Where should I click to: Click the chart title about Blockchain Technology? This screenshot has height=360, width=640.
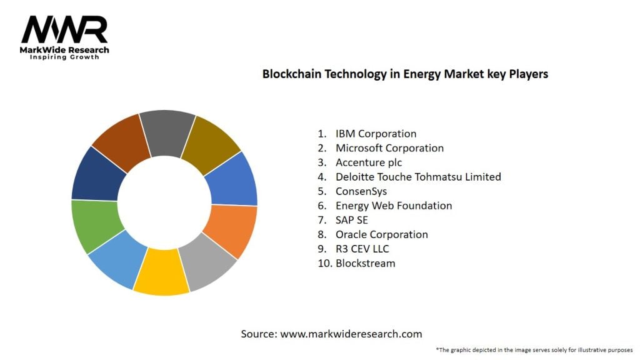[x=405, y=74]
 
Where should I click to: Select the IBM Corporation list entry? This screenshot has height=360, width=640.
[x=376, y=133]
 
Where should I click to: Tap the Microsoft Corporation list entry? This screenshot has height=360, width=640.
[x=389, y=148]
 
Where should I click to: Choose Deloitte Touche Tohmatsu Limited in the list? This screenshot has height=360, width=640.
[x=418, y=177]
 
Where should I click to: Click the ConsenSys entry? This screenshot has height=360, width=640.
[x=361, y=191]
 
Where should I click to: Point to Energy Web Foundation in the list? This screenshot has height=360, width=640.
[x=394, y=206]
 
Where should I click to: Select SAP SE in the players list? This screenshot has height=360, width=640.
[x=352, y=220]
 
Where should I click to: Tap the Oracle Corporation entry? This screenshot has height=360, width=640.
[x=382, y=234]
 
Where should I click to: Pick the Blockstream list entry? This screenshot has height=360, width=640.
[x=366, y=263]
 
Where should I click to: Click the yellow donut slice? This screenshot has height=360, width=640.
[x=161, y=274]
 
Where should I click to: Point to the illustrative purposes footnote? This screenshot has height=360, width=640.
[x=534, y=350]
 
